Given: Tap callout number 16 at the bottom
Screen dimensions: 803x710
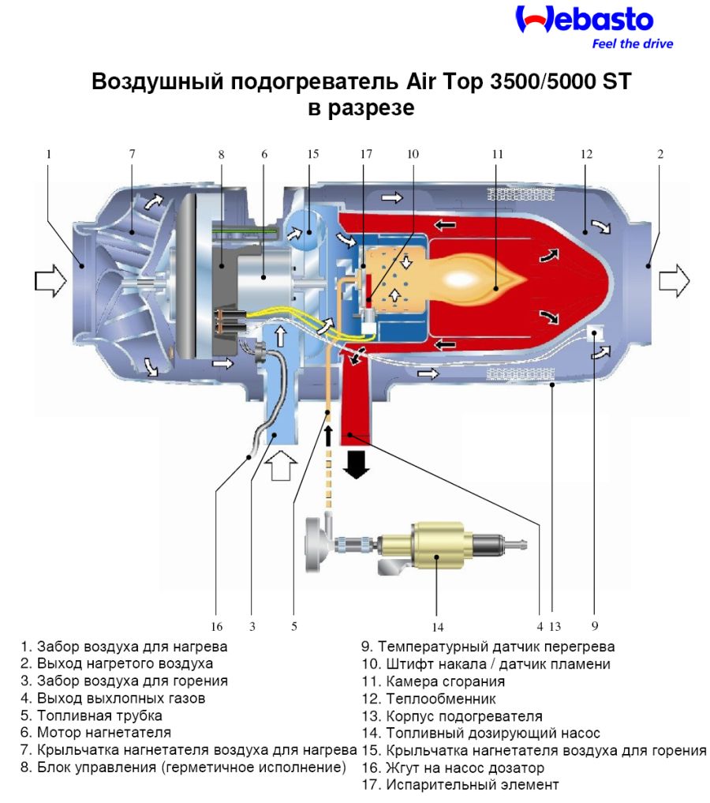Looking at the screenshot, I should click(217, 627).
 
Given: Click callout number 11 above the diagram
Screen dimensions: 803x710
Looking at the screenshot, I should click(497, 154).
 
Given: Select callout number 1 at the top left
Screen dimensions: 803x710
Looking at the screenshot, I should click(49, 154).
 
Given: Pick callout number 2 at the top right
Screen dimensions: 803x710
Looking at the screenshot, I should click(660, 154).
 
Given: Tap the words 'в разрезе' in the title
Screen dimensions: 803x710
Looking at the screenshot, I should click(361, 109).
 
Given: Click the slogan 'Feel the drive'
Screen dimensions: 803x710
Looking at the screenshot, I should click(633, 44).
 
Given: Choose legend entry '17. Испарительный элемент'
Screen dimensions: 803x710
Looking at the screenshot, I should click(461, 785).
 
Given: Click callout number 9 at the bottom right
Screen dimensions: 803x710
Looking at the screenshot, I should click(594, 627).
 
